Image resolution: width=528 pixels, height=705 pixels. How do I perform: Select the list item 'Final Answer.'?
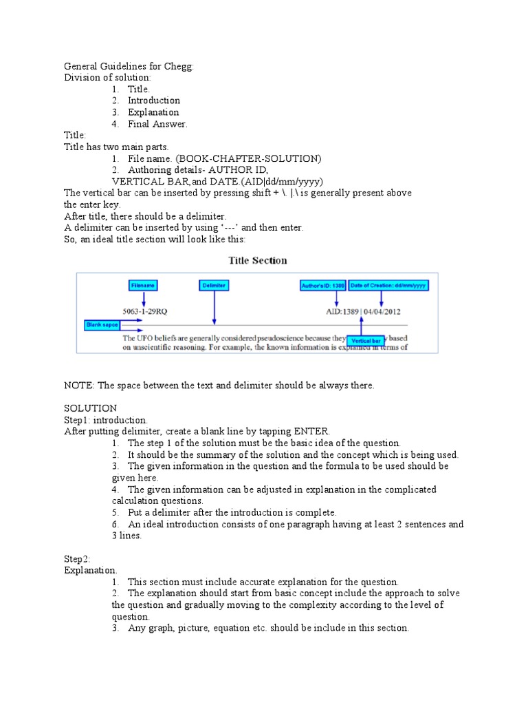point(157,124)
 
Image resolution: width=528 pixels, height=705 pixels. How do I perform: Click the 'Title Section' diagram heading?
point(257,260)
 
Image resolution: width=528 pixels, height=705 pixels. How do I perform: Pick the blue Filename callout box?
point(144,284)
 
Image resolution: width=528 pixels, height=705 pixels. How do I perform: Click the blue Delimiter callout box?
point(214,284)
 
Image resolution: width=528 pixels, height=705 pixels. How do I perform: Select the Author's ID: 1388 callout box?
point(322,284)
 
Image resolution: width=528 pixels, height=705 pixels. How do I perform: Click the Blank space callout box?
point(102,324)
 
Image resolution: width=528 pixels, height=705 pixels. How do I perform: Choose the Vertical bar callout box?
point(366,340)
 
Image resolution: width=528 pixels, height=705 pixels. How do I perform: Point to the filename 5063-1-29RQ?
point(144,311)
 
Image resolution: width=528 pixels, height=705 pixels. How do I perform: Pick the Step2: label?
point(77,559)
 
